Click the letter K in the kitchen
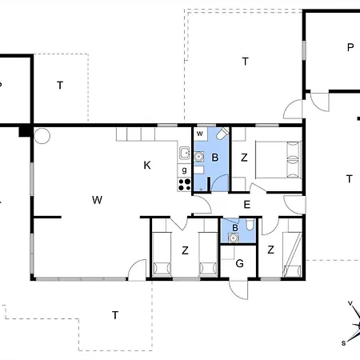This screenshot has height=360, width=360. [x=147, y=166]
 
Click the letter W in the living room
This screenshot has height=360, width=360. [x=97, y=200]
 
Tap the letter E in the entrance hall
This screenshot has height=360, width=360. [x=247, y=205]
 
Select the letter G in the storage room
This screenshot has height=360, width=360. [x=239, y=263]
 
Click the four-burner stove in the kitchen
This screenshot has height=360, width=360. [x=184, y=184]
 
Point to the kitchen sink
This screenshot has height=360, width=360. [x=184, y=153]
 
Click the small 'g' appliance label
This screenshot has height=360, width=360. [x=184, y=170]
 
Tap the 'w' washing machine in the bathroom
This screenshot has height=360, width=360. [x=200, y=134]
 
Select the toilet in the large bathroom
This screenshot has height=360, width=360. [x=222, y=134]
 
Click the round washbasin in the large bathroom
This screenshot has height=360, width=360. [x=198, y=157]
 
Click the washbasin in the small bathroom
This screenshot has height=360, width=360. [x=234, y=238]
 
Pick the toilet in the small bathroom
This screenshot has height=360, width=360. [x=250, y=225]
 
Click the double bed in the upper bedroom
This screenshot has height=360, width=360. [x=278, y=159]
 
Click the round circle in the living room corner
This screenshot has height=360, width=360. [x=42, y=136]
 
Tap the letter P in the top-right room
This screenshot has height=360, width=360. [x=350, y=47]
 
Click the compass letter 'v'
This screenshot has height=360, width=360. [x=350, y=303]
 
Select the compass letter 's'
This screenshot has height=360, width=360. [x=344, y=343]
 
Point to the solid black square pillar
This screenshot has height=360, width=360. [x=25, y=131]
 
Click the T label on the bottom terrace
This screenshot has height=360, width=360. [x=115, y=315]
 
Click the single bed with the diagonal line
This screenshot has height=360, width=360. [x=292, y=254]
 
